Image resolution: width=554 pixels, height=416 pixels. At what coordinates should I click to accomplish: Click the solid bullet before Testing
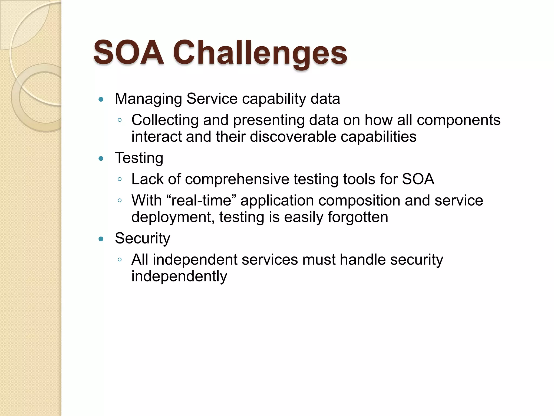tap(101, 158)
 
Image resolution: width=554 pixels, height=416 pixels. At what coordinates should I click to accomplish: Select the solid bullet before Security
tap(101, 239)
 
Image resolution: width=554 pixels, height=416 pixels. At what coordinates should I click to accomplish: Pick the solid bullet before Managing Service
tap(101, 99)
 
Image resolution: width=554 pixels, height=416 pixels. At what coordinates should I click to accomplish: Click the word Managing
tap(148, 99)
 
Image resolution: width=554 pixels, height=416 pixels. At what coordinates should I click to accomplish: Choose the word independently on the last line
tap(179, 277)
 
